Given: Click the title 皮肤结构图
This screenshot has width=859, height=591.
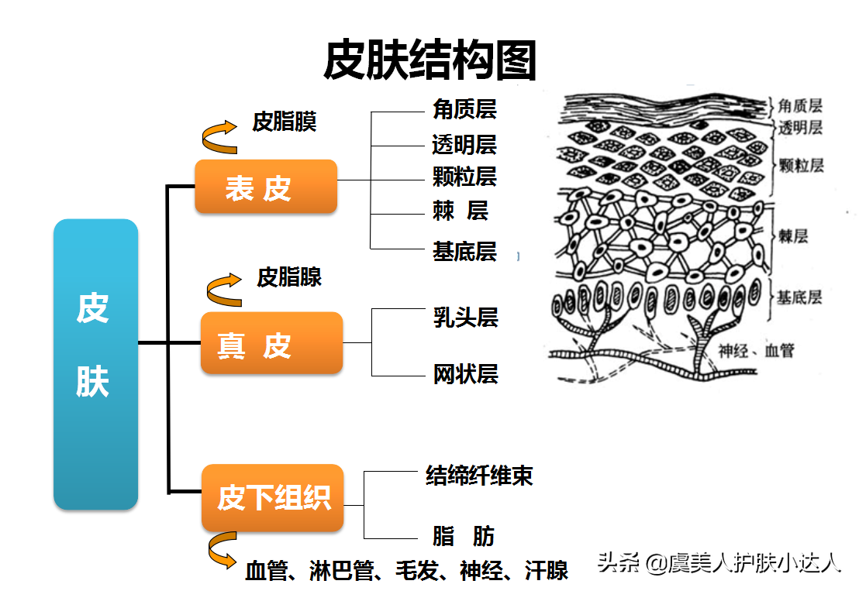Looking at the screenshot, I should [x=429, y=60].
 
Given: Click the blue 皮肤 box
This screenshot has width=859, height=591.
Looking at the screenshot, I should [x=95, y=364].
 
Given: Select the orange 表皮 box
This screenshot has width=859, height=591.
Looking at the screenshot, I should [x=265, y=187].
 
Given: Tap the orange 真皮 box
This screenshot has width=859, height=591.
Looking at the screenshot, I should [x=271, y=343].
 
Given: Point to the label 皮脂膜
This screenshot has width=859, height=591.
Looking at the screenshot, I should [x=285, y=122].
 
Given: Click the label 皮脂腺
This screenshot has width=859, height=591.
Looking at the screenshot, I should [x=289, y=277].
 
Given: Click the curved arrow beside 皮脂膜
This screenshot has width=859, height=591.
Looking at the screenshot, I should [x=219, y=137].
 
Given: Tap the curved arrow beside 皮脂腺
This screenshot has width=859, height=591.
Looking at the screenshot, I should [x=224, y=288].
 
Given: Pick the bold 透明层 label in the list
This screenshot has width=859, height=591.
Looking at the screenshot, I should [x=464, y=144].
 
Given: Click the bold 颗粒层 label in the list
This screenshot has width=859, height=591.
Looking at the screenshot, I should [x=464, y=177].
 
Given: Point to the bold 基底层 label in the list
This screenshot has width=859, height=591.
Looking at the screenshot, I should [x=464, y=251].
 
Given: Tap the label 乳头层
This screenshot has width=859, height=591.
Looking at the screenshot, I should [x=465, y=318].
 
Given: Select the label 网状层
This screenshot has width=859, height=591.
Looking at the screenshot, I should [x=465, y=374].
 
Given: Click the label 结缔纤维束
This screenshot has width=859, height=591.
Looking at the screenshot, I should [x=479, y=475].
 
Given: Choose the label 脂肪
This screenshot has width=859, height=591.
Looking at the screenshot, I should [x=463, y=536].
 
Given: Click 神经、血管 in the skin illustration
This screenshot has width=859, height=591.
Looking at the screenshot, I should [x=756, y=351].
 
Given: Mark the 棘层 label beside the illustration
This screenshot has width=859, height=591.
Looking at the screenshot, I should [x=793, y=236].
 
